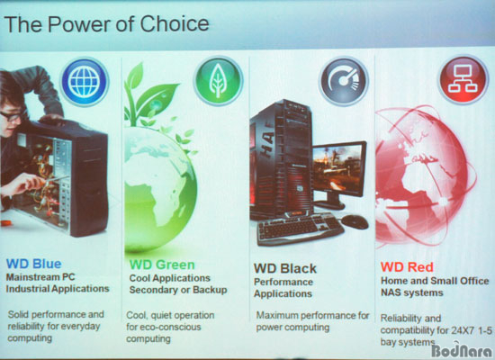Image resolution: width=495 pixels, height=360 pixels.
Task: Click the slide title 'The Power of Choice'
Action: tap(106, 24)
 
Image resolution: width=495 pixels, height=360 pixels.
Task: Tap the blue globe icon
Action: tap(85, 82)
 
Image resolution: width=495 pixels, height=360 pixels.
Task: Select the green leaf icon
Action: tap(219, 80)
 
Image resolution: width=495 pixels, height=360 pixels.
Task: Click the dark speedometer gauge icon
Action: tap(344, 82)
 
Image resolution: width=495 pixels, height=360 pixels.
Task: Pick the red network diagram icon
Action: tap(463, 79)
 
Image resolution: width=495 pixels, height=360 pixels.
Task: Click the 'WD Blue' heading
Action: tap(34, 264)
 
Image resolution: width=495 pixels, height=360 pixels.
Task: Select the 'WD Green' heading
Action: tap(162, 265)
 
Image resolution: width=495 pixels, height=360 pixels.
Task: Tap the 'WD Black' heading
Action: tap(285, 268)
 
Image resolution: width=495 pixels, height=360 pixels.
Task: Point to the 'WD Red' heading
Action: tap(407, 267)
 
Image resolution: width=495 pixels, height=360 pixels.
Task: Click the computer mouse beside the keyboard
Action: tap(355, 221)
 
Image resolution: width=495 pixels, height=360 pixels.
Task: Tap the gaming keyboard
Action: tap(300, 228)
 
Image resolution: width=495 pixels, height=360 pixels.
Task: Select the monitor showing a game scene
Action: tap(338, 175)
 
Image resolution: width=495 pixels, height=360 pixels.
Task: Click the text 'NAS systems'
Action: tap(411, 292)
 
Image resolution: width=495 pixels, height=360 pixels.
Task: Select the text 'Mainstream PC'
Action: tap(40, 277)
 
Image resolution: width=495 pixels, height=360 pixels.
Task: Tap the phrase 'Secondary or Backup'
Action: tap(178, 290)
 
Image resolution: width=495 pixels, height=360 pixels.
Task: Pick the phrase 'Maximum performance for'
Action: tap(312, 316)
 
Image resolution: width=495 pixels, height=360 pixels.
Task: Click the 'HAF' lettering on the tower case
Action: tap(268, 146)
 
